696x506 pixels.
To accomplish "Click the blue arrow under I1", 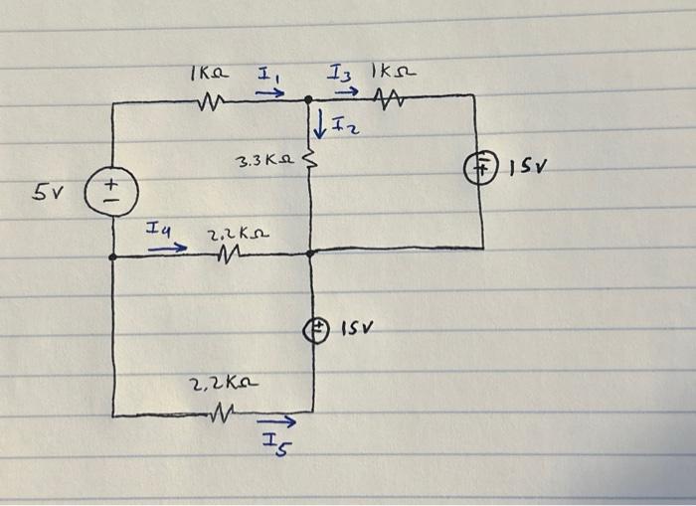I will [268, 93].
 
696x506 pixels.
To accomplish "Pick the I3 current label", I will [341, 73].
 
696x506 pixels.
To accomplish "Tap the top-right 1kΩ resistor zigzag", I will [390, 97].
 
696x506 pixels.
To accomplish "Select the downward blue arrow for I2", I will [320, 125].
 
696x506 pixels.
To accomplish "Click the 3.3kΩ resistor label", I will [261, 160].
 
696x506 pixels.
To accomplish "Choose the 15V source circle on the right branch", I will [483, 168].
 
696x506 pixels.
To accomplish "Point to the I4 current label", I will [159, 231].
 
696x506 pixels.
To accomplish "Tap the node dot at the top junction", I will [309, 98].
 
